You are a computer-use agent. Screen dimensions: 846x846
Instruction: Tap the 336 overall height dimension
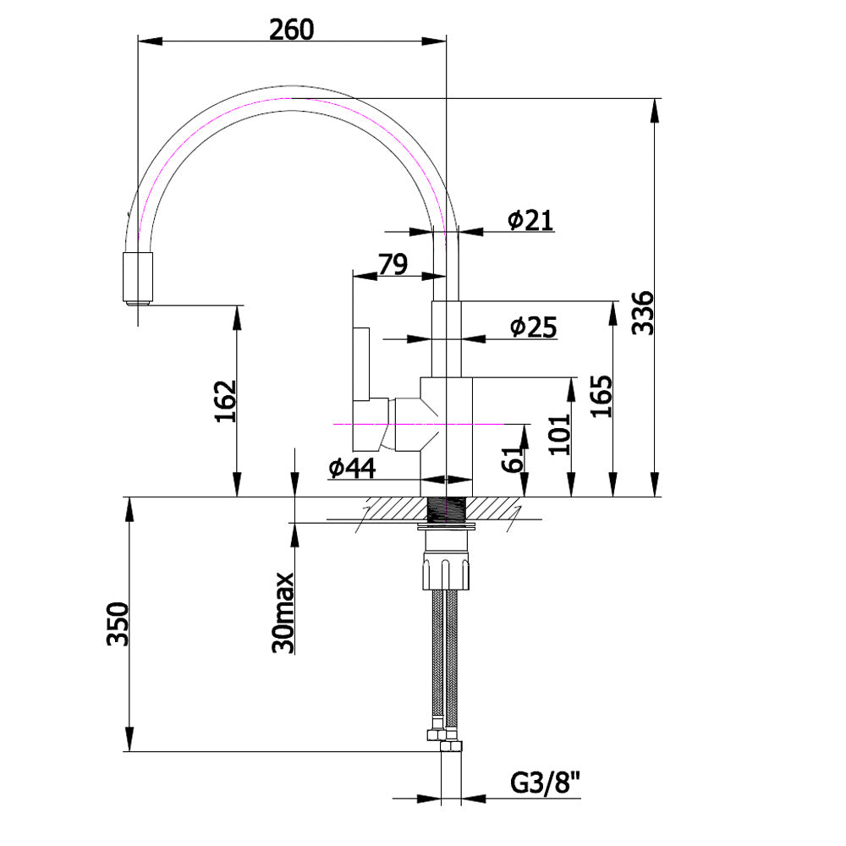643,313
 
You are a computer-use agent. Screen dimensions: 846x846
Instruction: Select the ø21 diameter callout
531,220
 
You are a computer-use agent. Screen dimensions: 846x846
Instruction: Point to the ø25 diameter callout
533,327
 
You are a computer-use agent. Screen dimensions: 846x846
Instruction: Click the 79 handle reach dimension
393,264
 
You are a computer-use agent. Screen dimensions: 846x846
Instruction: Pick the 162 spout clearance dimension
226,401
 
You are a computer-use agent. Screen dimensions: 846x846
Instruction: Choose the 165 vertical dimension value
602,396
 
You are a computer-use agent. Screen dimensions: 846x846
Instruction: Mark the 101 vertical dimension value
560,434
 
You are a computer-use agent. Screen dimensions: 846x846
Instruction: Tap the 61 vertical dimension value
513,458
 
